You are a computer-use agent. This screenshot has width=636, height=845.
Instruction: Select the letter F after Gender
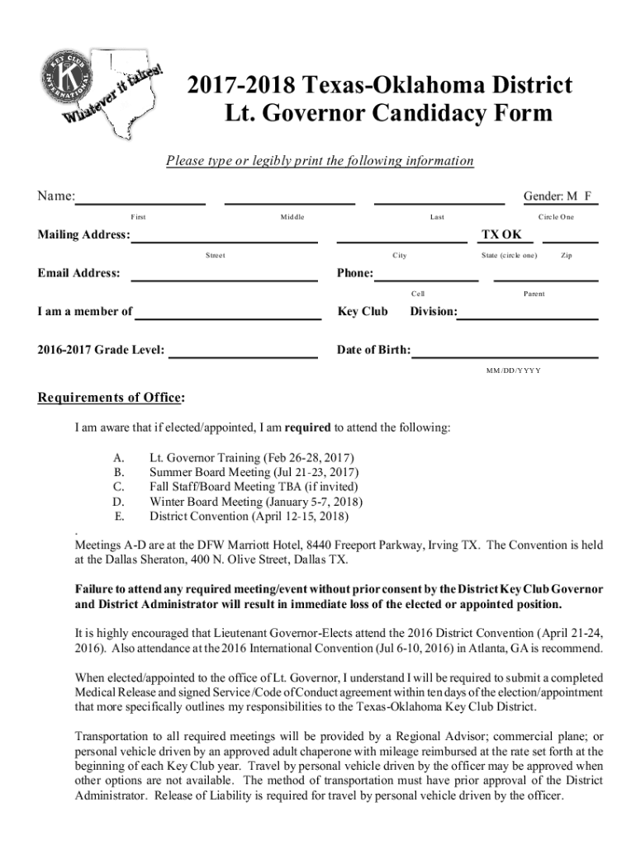click(588, 196)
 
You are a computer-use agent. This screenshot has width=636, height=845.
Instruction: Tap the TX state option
click(491, 235)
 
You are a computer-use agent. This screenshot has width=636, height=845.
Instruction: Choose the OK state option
click(512, 235)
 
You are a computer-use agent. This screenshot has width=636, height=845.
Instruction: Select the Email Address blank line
click(225, 278)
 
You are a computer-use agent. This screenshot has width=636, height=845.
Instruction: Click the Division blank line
click(529, 316)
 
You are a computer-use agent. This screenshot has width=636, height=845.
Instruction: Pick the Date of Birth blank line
click(505, 355)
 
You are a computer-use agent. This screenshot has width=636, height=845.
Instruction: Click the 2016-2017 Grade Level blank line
click(243, 355)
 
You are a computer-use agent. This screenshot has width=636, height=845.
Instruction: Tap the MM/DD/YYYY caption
click(513, 371)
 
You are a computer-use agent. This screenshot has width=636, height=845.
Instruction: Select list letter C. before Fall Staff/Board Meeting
click(119, 487)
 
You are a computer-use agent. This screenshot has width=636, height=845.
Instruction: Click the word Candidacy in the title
click(399, 113)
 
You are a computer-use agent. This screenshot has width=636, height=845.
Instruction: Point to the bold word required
click(308, 428)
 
